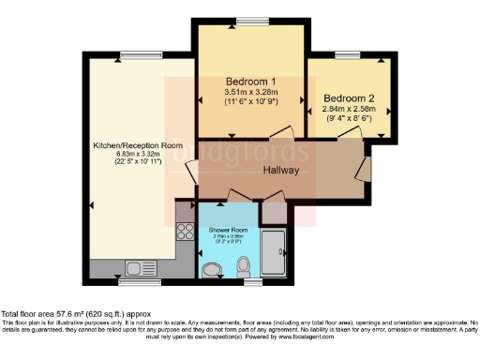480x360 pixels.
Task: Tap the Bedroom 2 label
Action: click(x=349, y=98)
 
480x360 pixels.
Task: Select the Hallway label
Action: click(x=280, y=171)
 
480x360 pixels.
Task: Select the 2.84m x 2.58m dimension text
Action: click(x=349, y=111)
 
